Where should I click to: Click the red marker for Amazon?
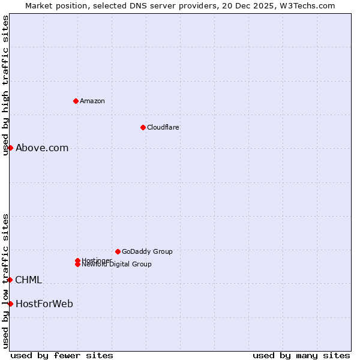[x=76, y=101]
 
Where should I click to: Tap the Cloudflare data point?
[x=143, y=127]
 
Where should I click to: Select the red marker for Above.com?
[x=10, y=148]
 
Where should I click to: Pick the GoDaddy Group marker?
[x=118, y=251]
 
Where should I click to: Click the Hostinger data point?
[x=77, y=260]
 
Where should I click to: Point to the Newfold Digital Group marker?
[x=77, y=264]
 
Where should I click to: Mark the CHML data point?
[x=10, y=280]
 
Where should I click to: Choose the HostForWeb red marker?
[x=10, y=304]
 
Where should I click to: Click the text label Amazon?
[x=92, y=101]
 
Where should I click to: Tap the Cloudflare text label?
[x=163, y=127]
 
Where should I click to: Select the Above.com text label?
[x=42, y=148]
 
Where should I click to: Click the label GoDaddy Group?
[x=147, y=251]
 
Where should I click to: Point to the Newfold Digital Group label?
[x=117, y=265]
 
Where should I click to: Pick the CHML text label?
[x=28, y=280]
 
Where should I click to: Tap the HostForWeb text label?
[x=44, y=304]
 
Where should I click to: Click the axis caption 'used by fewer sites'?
[x=62, y=355]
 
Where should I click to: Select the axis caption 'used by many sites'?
[x=301, y=355]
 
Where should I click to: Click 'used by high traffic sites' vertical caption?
[x=5, y=86]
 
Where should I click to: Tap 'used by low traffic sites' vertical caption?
[x=5, y=281]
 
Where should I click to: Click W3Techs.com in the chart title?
[x=305, y=5]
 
